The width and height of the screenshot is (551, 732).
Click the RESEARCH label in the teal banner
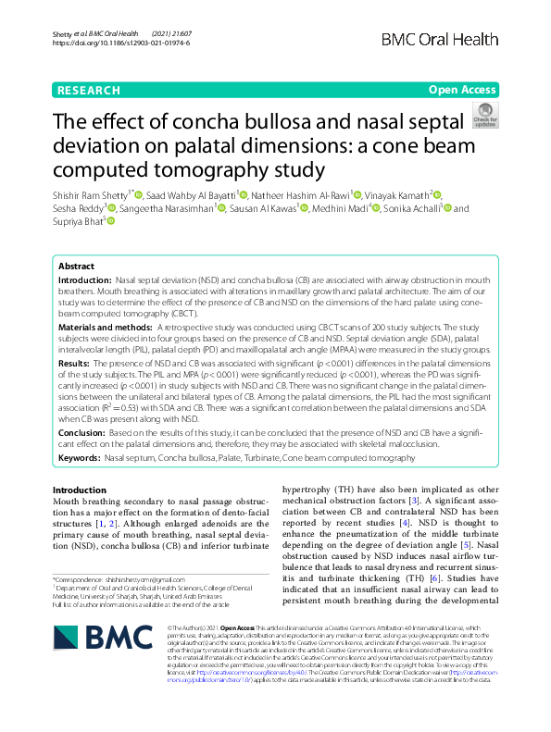[x=88, y=90]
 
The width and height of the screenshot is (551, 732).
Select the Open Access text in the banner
[x=461, y=90]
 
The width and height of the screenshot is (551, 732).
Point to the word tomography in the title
[x=213, y=169]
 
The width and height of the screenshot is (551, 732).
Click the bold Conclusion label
[x=82, y=432]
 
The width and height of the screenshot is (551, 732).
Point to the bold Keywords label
[x=80, y=457]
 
